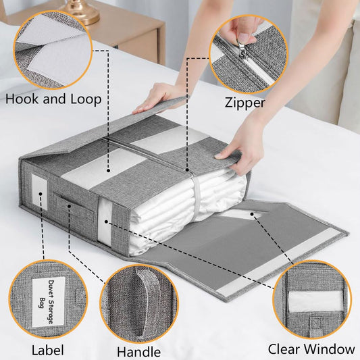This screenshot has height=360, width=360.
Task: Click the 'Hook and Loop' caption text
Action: [53, 99]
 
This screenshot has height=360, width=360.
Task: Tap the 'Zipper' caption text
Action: [245, 103]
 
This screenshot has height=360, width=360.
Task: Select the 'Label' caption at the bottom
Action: [47, 350]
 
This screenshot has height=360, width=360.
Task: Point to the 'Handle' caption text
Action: [138, 351]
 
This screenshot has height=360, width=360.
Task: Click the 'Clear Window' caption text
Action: [311, 349]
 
